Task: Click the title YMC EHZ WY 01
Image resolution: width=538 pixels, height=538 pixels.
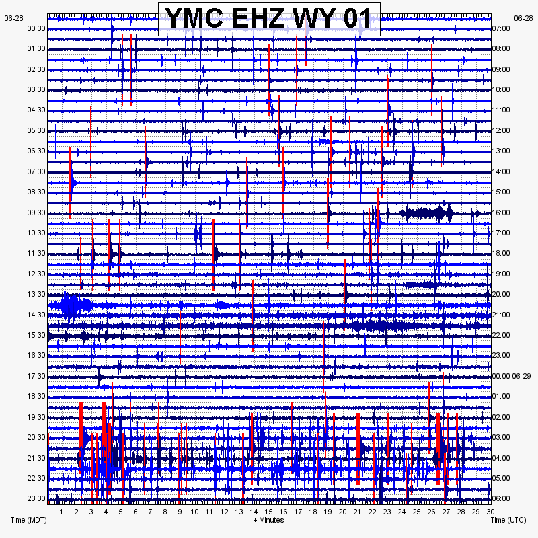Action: (269, 18)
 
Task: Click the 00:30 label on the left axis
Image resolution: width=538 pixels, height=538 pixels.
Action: (36, 28)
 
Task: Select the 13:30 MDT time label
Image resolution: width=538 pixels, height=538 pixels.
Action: (36, 294)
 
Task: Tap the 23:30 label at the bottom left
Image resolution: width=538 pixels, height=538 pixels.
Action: (36, 498)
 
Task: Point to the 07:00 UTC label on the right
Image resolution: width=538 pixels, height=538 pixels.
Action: (502, 28)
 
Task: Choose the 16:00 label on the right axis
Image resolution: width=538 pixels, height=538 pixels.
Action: (502, 213)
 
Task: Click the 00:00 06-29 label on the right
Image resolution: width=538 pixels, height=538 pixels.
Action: (512, 375)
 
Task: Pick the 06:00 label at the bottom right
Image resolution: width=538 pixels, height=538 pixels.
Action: (502, 498)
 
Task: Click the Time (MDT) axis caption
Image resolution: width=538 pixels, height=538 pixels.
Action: (28, 520)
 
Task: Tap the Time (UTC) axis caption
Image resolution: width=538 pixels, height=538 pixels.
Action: (508, 520)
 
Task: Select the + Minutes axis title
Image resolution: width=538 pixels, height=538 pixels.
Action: (268, 520)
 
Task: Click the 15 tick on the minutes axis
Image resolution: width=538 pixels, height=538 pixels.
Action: (268, 512)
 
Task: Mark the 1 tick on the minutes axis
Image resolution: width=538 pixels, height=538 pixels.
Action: (61, 512)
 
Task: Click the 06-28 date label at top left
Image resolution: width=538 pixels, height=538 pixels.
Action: (13, 18)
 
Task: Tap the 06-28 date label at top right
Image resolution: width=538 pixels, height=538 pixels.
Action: (523, 18)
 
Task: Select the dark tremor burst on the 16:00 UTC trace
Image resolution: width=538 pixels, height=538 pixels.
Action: (425, 214)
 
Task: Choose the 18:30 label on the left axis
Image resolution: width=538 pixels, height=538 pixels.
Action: (36, 396)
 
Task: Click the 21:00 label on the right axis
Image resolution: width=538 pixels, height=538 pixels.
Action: (502, 315)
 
